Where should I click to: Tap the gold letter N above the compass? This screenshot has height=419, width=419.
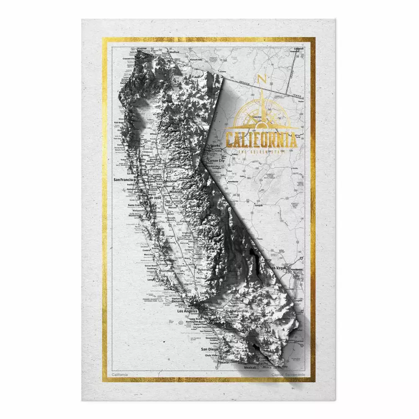[x=262, y=78]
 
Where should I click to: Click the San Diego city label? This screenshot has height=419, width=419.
[x=209, y=349]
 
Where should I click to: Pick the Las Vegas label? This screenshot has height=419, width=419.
[x=278, y=267]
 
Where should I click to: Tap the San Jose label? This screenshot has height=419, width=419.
[x=153, y=197]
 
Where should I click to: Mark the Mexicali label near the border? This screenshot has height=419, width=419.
[x=250, y=367]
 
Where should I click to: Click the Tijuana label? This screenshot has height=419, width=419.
[x=223, y=362]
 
